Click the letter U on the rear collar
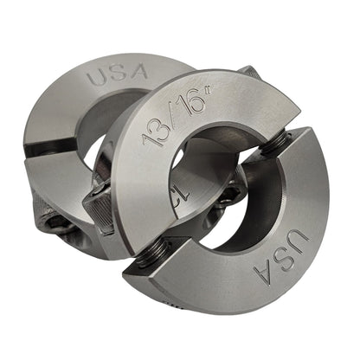click(95, 75)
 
